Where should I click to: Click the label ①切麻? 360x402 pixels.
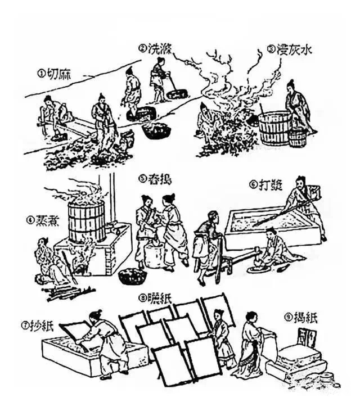tap(56, 73)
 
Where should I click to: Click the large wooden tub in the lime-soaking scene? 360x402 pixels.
tap(275, 129)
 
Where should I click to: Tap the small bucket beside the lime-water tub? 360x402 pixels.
tap(298, 138)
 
